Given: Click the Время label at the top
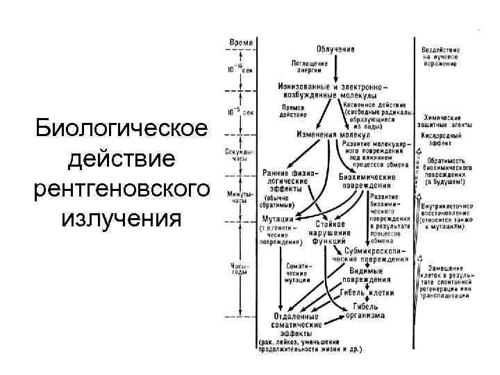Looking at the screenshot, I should pyautogui.click(x=241, y=42).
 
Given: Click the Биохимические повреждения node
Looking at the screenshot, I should pyautogui.click(x=367, y=181).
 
